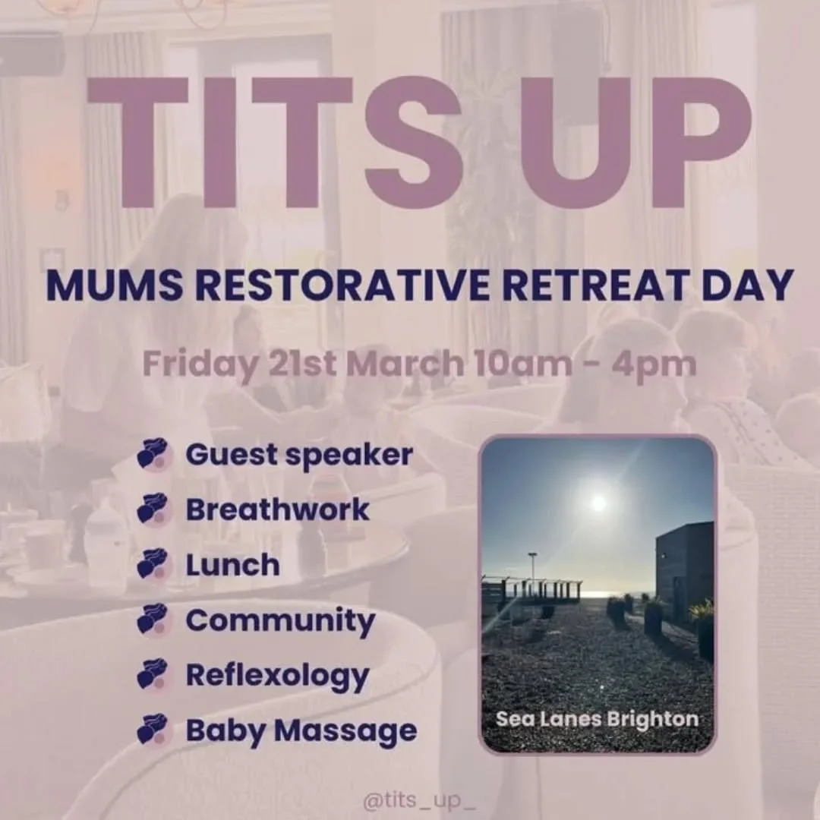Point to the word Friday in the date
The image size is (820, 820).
[x=200, y=364]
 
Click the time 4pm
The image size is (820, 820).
[x=655, y=364]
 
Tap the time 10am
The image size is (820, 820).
[x=526, y=364]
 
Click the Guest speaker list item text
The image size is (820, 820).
[x=299, y=456]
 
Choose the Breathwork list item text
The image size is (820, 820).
[x=277, y=509]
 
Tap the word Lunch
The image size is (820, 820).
[x=232, y=565]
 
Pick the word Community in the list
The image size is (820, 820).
[x=280, y=621]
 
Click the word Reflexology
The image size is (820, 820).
[x=277, y=676]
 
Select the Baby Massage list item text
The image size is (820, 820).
[x=301, y=731]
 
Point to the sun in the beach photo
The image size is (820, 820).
[x=599, y=502]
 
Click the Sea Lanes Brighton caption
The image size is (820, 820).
[x=597, y=718]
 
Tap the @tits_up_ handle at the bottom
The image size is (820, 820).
[x=419, y=800]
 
